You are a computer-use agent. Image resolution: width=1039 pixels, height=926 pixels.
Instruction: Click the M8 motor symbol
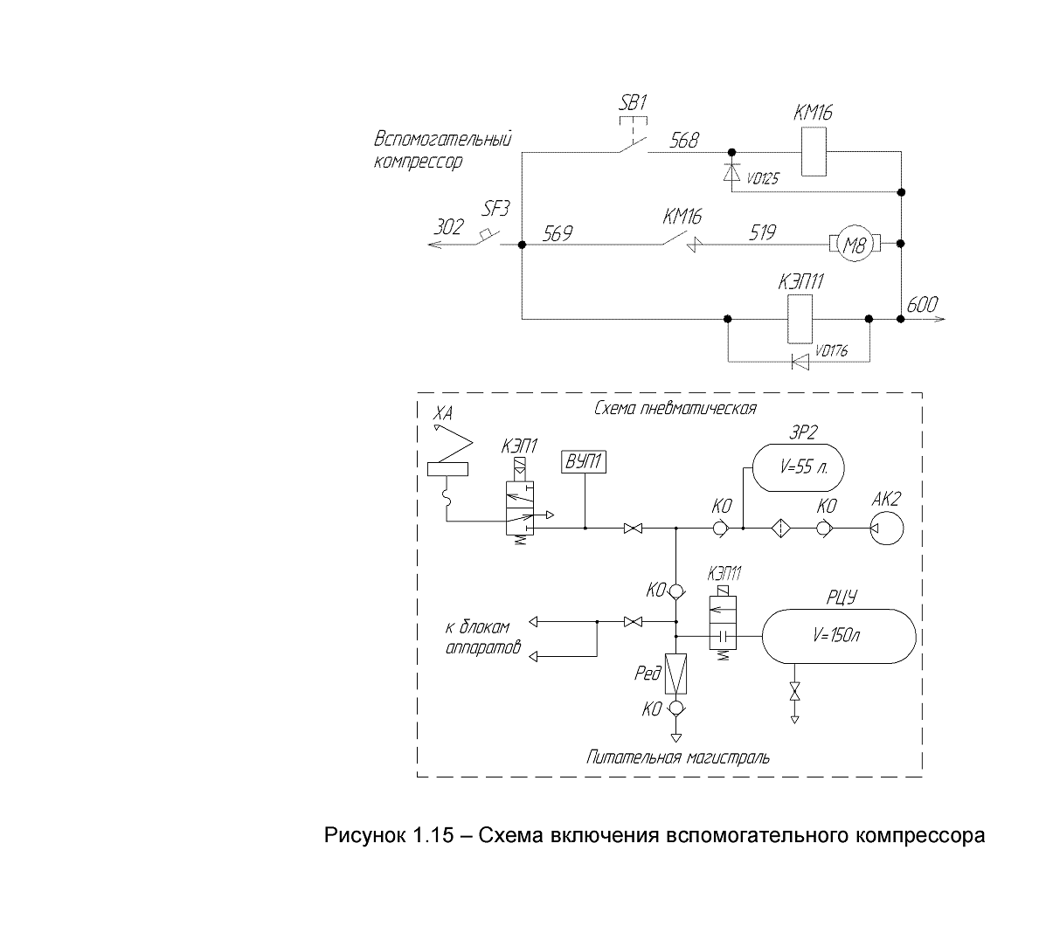tap(855, 244)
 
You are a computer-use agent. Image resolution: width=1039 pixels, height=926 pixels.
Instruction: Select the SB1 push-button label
tap(633, 103)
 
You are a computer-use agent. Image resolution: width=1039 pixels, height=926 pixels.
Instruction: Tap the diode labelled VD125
tap(731, 172)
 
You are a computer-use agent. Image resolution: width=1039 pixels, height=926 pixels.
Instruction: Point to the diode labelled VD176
tap(801, 362)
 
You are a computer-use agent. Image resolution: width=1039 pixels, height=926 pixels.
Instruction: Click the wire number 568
tap(684, 141)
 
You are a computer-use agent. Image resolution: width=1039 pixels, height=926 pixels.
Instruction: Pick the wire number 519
tap(763, 232)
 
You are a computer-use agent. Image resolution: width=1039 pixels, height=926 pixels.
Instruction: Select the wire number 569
tap(558, 233)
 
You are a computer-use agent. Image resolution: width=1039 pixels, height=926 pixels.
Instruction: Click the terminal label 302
tap(448, 227)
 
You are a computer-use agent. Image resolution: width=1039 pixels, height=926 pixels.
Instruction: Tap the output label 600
tap(922, 305)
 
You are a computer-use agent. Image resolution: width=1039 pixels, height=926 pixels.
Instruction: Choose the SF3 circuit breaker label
tap(495, 209)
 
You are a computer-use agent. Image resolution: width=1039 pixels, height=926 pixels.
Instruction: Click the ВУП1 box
tap(584, 461)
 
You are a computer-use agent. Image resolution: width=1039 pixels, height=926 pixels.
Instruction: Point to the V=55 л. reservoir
tap(798, 467)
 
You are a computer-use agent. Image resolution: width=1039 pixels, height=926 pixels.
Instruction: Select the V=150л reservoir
tap(839, 636)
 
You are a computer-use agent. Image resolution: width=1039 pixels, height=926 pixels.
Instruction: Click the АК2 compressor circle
tap(887, 528)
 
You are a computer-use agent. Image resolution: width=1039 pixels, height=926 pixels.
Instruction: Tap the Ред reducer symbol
tap(675, 674)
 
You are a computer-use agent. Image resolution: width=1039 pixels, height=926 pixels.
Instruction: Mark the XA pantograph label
tap(443, 414)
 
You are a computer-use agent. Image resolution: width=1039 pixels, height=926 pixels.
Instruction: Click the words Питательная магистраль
tap(678, 757)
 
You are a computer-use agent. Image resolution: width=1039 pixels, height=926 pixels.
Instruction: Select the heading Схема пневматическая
tap(675, 408)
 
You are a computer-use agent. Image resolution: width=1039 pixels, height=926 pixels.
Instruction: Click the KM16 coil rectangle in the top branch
tap(814, 152)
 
